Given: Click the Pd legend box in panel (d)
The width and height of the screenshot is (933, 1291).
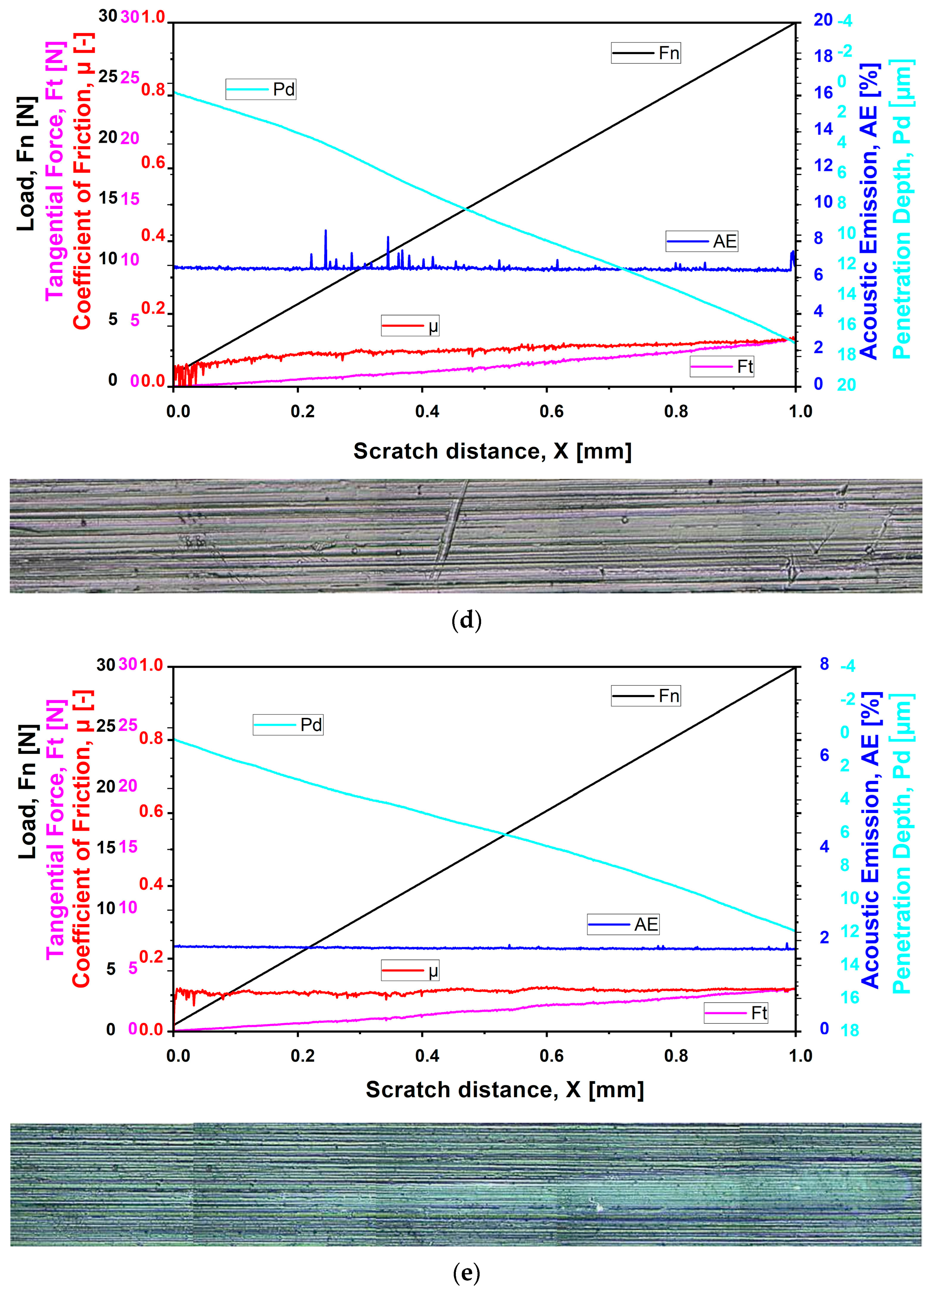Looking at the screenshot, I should point(260,89).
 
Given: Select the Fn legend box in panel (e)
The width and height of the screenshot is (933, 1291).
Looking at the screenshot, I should point(646,696).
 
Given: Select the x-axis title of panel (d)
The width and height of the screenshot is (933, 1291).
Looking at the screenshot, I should point(492,451).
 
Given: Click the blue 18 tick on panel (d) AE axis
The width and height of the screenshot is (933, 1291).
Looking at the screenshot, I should point(823,56).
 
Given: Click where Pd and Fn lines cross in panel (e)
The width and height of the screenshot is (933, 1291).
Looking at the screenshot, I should point(505,834).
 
